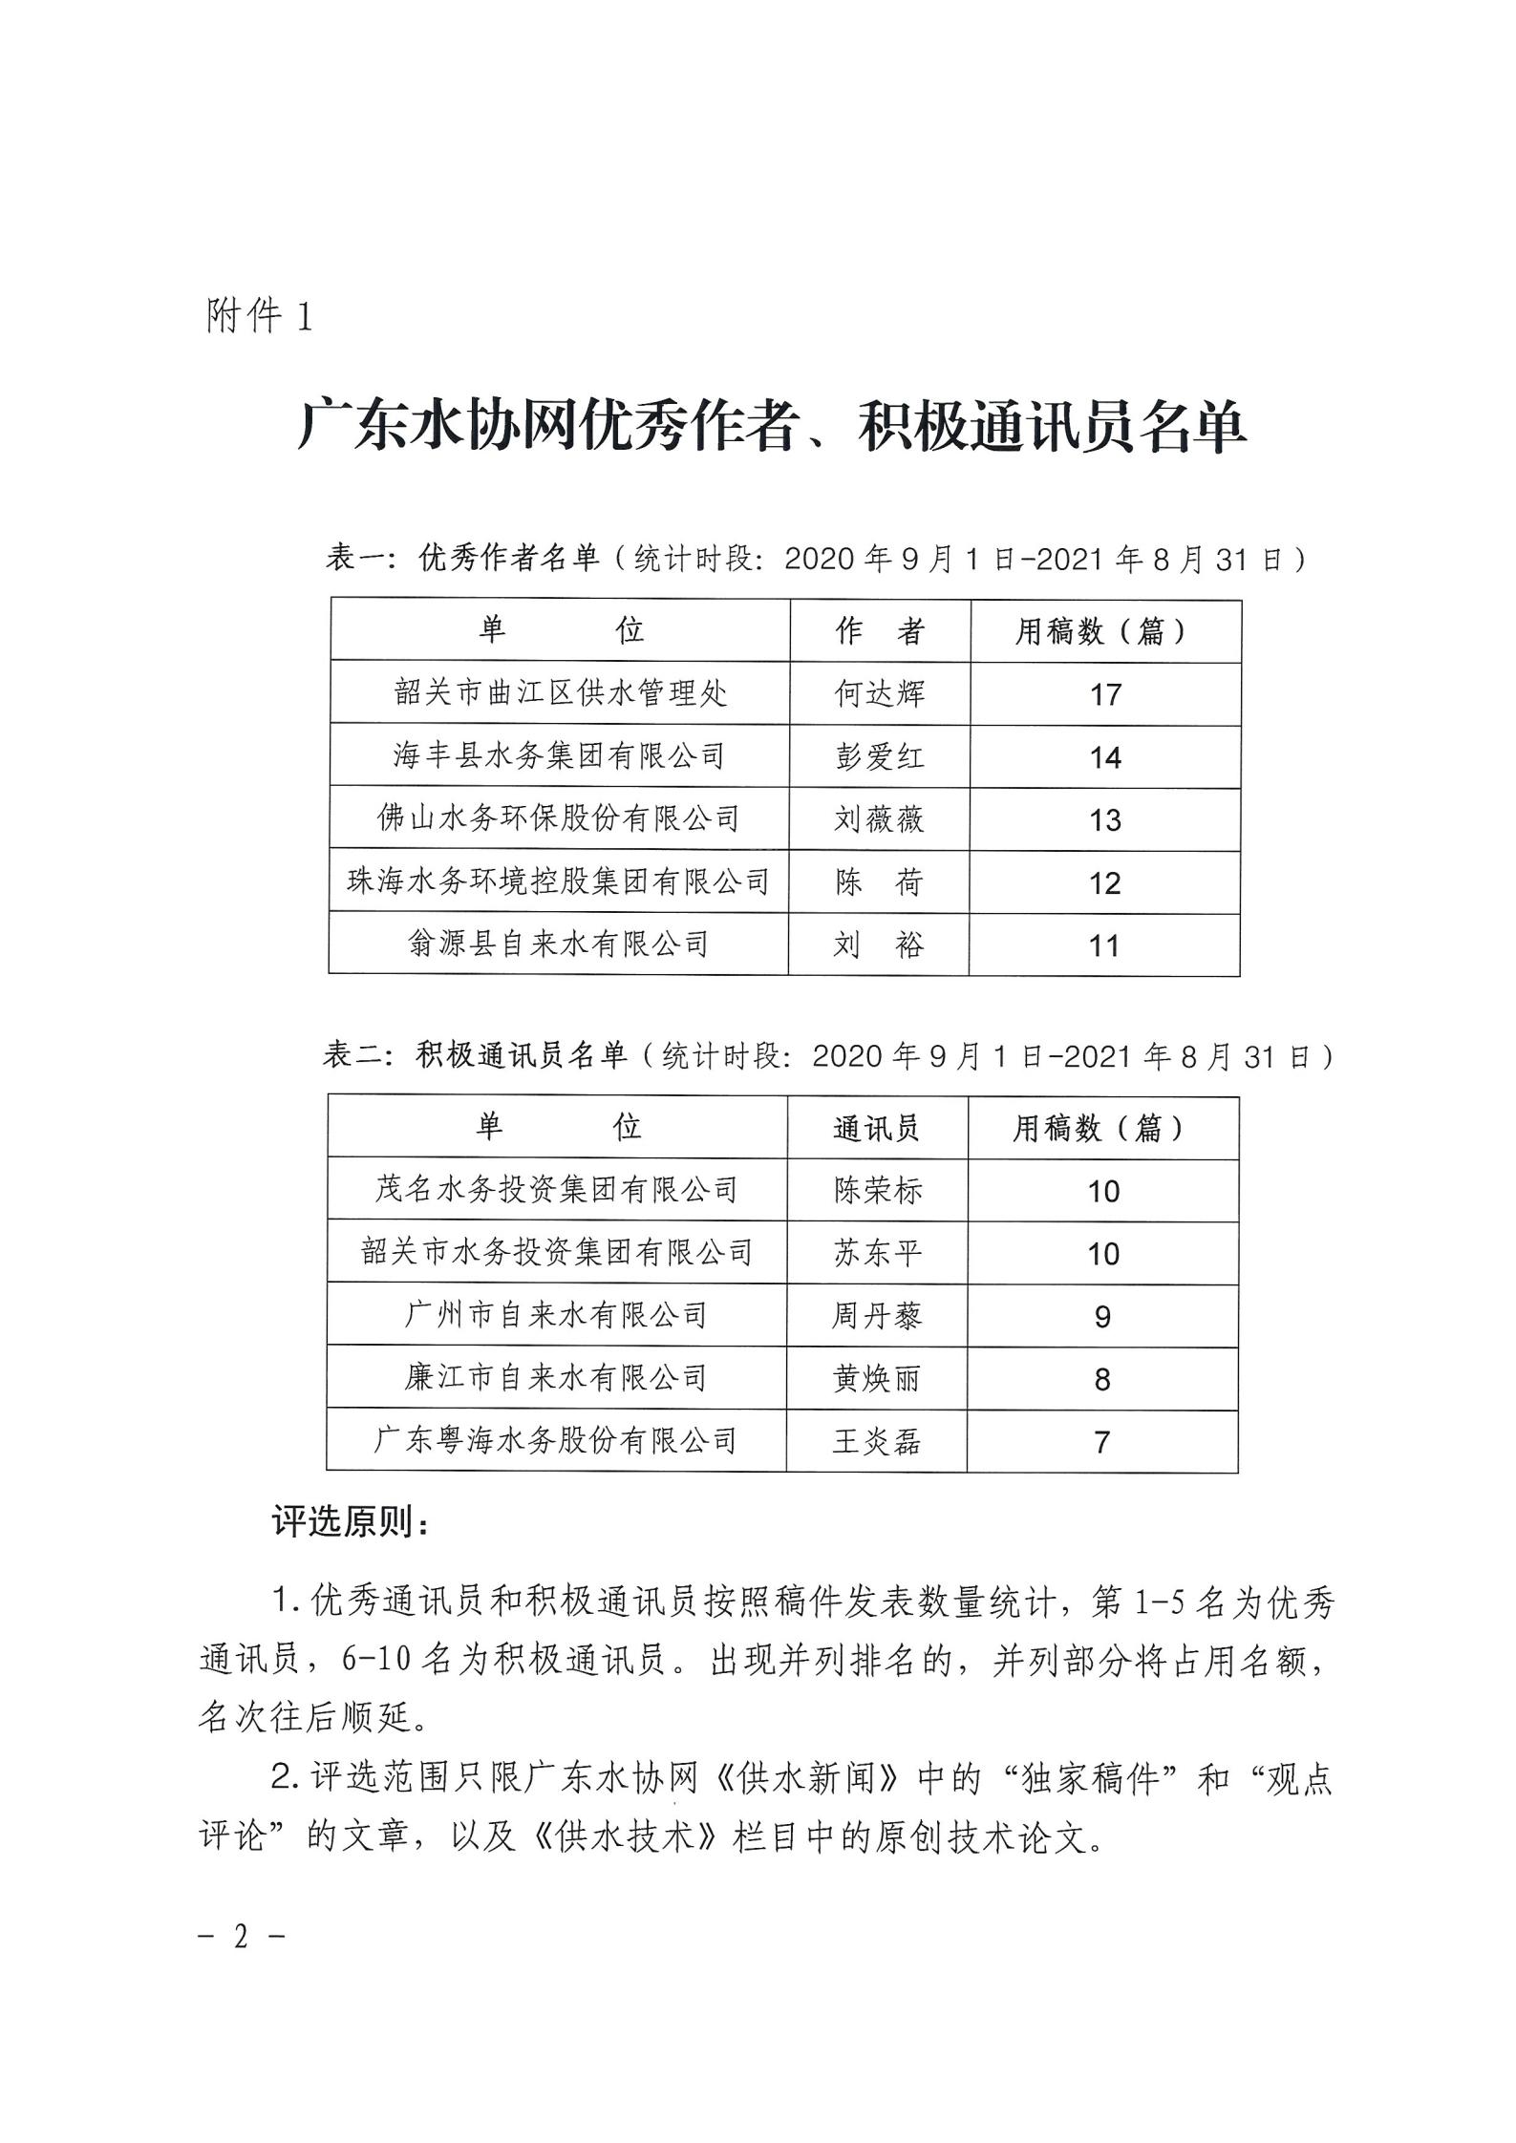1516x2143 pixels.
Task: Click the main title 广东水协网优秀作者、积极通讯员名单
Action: tap(772, 427)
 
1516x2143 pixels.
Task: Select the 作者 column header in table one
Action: tap(880, 631)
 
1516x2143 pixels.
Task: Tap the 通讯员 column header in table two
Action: tap(877, 1129)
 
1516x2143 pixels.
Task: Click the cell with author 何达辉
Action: tap(880, 693)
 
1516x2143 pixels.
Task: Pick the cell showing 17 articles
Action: tap(1105, 694)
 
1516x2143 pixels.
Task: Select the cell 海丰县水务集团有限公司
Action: tap(560, 756)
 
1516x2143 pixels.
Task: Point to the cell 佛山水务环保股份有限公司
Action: tap(560, 818)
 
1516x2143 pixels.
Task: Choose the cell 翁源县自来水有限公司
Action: tap(559, 944)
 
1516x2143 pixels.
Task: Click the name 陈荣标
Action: tap(878, 1191)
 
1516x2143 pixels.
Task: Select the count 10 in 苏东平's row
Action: tap(1103, 1254)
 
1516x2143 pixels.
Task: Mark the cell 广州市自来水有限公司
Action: tap(557, 1316)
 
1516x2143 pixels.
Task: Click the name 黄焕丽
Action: tap(877, 1379)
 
